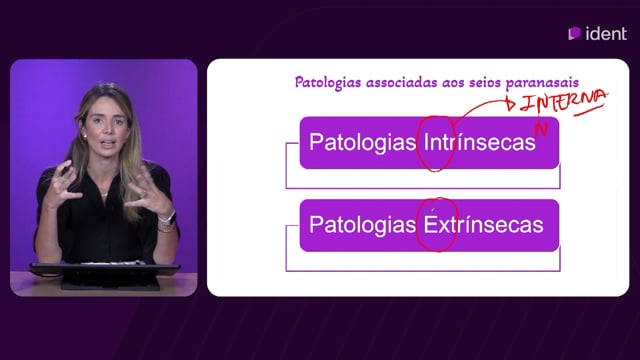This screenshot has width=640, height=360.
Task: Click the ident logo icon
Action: (575, 33)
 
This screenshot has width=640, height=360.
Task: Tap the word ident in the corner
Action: (606, 33)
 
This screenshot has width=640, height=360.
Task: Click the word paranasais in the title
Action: (542, 83)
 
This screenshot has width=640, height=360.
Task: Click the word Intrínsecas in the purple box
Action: (480, 142)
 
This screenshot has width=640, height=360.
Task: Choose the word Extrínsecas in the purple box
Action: (484, 224)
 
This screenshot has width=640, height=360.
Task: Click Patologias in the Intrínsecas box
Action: (362, 142)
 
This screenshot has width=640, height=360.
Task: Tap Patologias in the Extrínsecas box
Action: (362, 225)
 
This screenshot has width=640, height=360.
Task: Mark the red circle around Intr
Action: (417, 143)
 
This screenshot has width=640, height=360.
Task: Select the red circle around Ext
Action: (417, 225)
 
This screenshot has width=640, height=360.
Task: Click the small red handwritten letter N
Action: (541, 129)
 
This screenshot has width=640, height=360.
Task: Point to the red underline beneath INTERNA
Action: (589, 110)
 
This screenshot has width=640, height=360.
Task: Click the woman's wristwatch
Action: (168, 218)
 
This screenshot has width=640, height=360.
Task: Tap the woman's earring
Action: (85, 136)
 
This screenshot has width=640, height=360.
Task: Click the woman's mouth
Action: (108, 143)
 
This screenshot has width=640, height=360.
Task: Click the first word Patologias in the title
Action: (328, 83)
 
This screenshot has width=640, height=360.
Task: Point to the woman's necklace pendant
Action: (104, 195)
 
